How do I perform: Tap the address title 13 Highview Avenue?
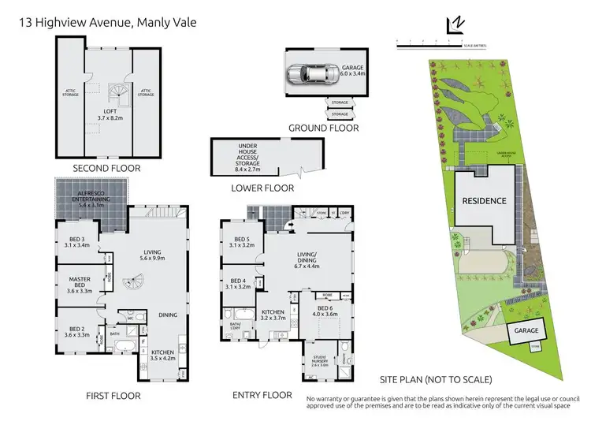tap(107, 23)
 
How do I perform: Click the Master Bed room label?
tap(80, 283)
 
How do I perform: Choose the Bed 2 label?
tap(76, 331)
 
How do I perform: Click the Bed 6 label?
tap(327, 311)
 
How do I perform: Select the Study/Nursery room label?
tap(321, 362)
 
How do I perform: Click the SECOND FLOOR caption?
tap(106, 168)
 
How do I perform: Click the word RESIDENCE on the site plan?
tap(483, 201)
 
